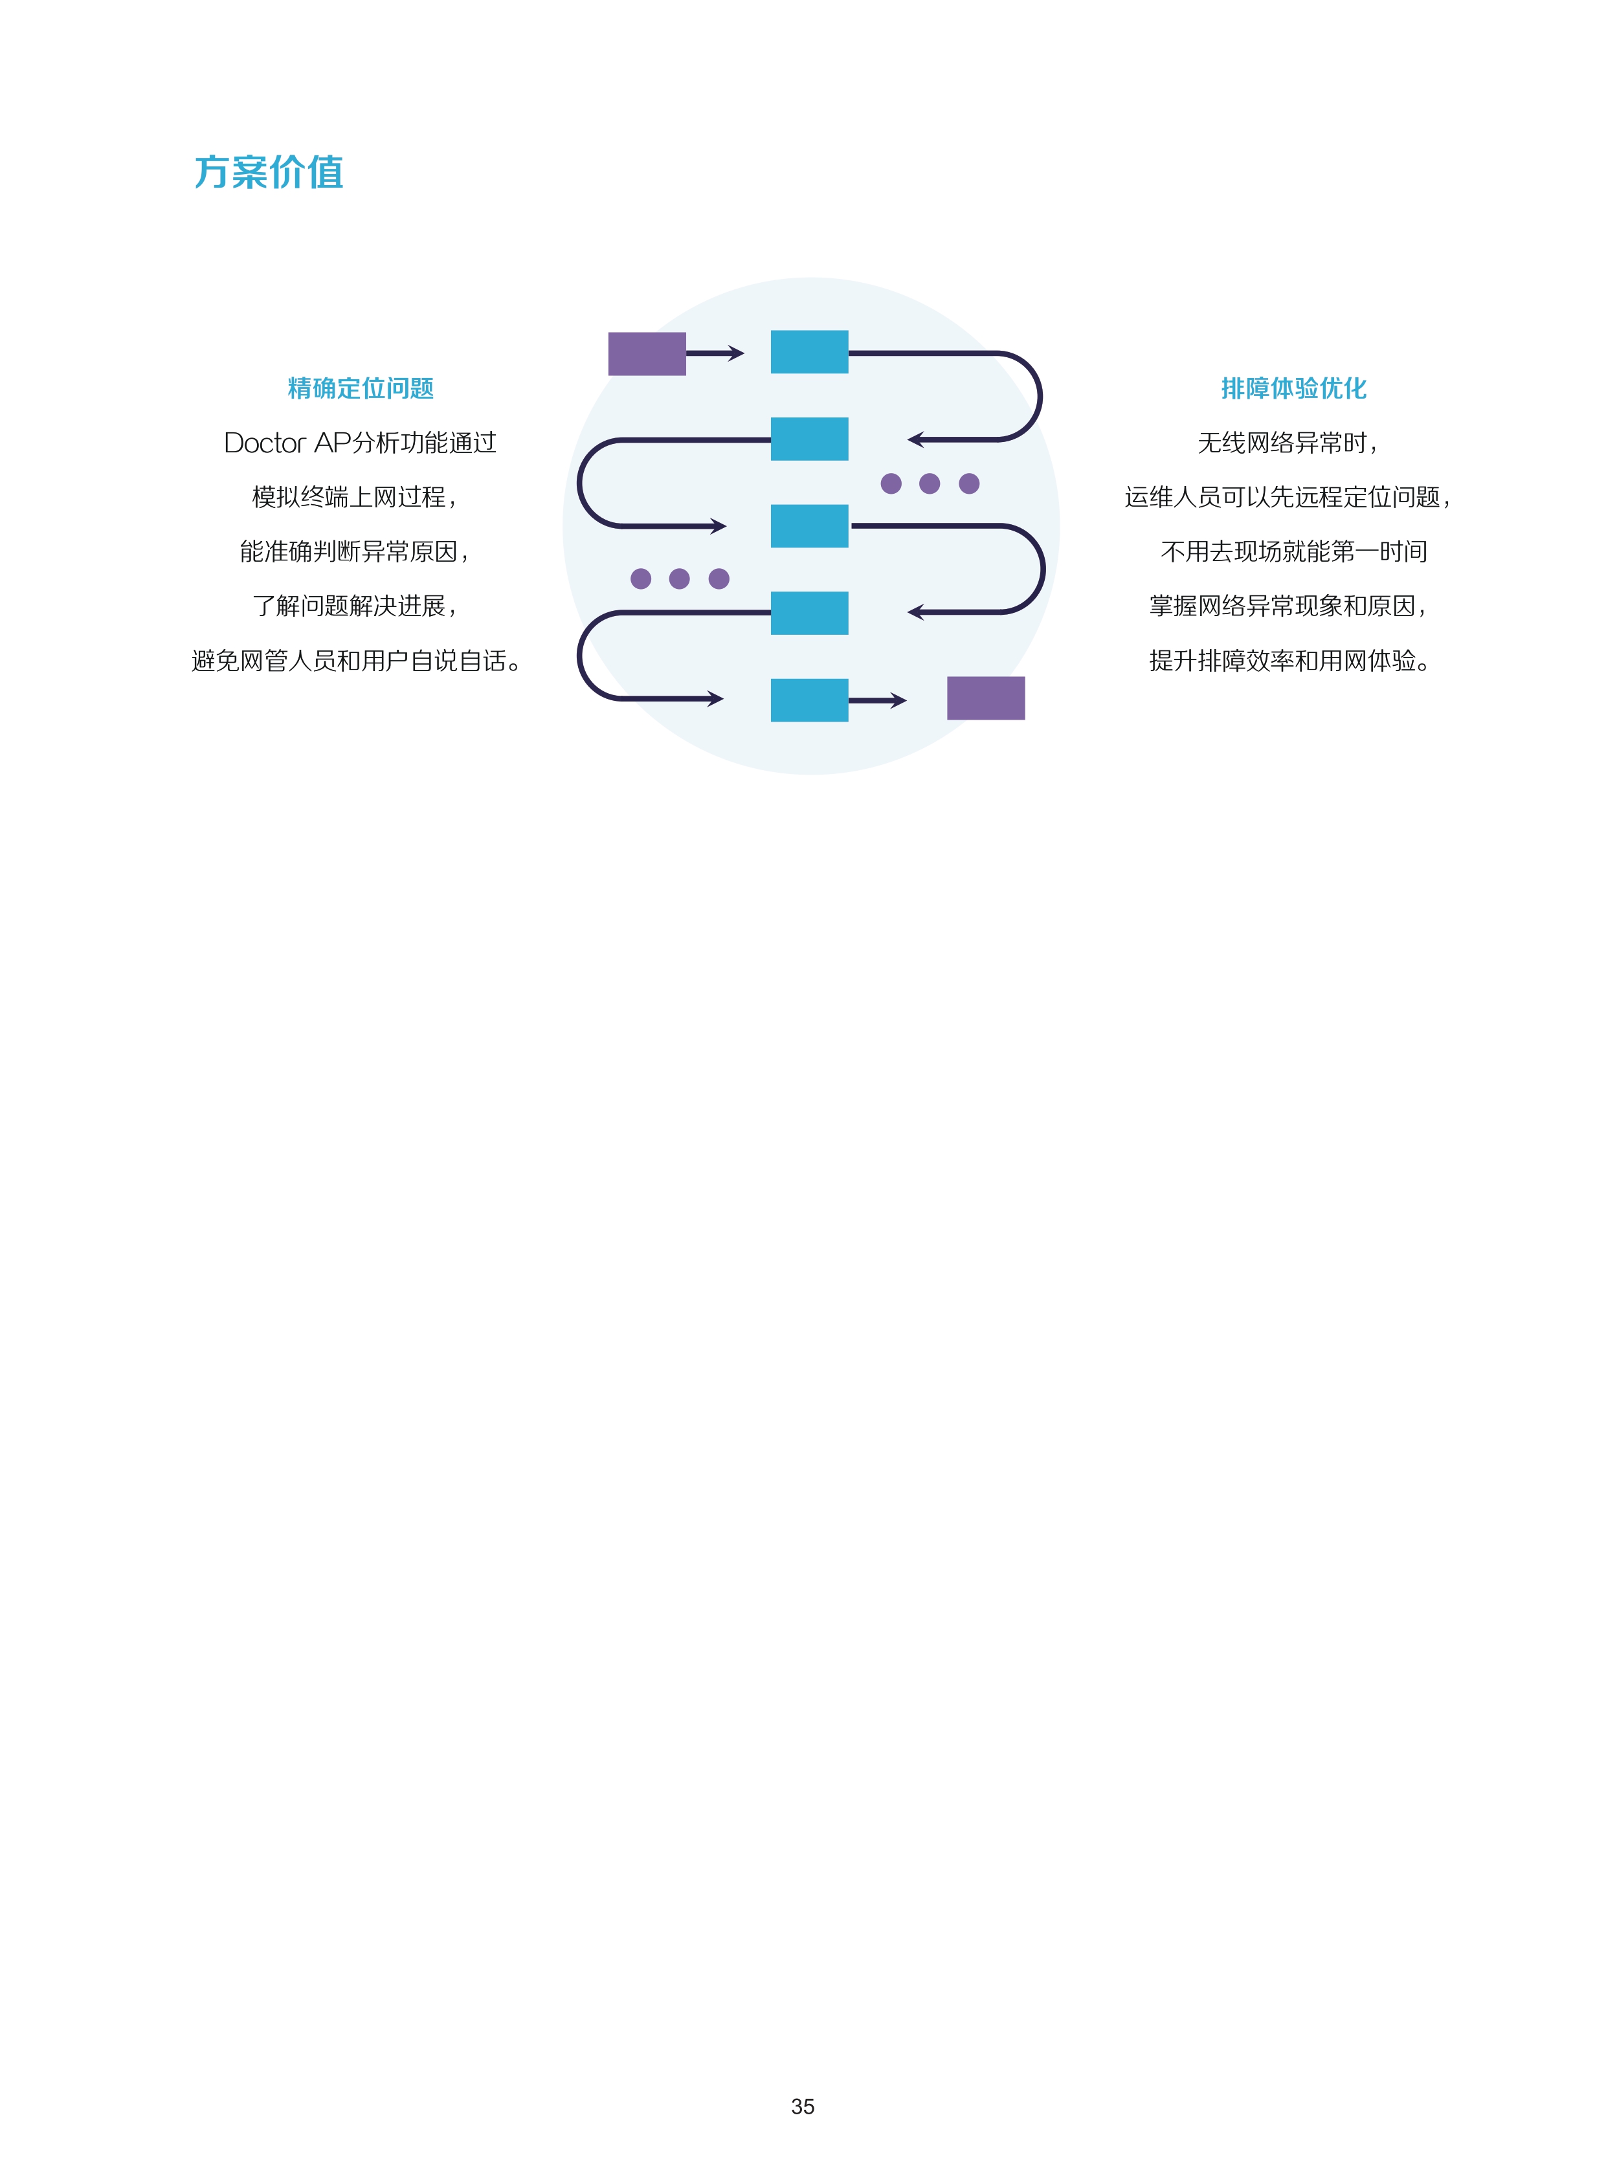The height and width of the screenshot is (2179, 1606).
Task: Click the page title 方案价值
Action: [269, 172]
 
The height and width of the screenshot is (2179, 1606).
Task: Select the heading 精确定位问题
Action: [361, 389]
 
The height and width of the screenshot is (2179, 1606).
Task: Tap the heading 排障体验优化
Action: [1294, 389]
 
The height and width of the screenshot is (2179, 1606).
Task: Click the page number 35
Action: [803, 2106]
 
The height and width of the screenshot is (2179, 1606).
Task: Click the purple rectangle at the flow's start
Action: [647, 354]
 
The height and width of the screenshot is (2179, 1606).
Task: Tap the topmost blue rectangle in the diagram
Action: [810, 352]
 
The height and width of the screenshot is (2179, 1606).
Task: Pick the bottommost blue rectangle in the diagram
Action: [810, 700]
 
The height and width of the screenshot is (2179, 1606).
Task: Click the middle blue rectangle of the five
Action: [810, 525]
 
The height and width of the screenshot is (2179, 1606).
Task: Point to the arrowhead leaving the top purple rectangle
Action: [736, 354]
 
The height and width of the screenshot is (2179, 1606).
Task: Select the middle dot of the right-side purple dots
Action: [930, 483]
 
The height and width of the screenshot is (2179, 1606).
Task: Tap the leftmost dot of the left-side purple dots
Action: [641, 579]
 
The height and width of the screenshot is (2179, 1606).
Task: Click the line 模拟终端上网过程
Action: [354, 498]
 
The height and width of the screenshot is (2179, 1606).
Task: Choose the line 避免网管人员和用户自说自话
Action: [356, 661]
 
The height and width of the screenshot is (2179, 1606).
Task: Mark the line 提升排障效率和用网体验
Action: [1289, 661]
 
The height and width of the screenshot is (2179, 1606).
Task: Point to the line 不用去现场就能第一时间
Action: [1294, 552]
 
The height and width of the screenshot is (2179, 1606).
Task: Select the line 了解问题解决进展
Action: [354, 606]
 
